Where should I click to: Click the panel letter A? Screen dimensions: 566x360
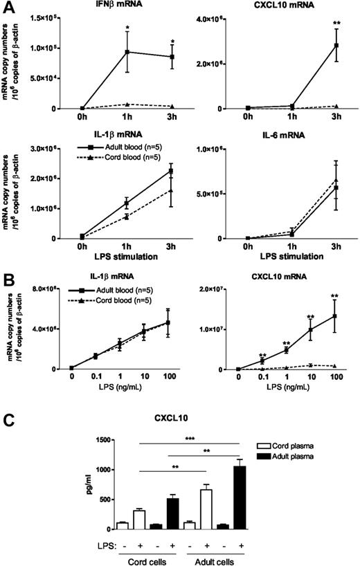tap(8, 6)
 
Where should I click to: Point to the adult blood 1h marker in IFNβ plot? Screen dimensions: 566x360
tap(127, 52)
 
